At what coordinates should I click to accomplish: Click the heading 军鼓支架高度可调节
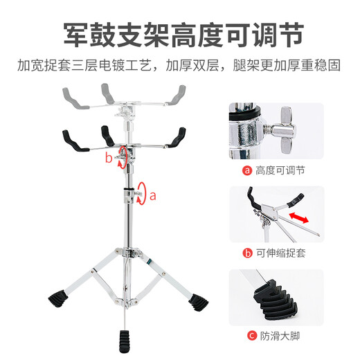[x=180, y=33]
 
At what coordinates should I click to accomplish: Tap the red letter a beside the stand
[x=154, y=195]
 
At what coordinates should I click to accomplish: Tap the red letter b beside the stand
[x=108, y=158]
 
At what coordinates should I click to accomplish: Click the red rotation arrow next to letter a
[x=142, y=193]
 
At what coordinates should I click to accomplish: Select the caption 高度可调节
[x=280, y=170]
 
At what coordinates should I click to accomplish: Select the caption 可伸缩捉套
[x=280, y=253]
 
